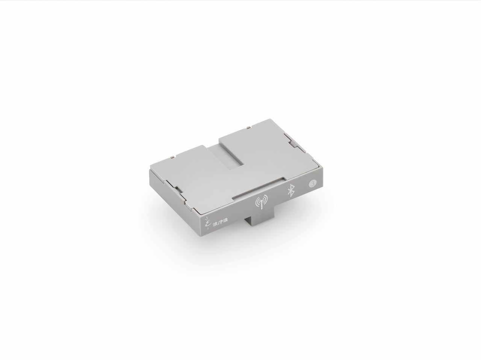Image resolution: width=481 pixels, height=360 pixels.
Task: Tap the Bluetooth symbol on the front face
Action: pyautogui.click(x=290, y=191)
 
